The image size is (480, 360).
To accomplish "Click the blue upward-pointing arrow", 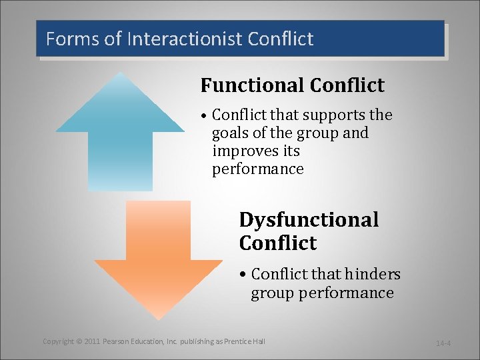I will click(120, 133).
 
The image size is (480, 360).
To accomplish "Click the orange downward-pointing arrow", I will click(158, 260).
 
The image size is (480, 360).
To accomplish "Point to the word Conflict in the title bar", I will click(280, 39).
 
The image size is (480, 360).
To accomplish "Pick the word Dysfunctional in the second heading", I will click(309, 220).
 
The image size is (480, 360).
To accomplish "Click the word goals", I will click(231, 133).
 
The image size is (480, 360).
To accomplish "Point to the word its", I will click(290, 151).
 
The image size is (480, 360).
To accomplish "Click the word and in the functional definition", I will click(355, 133).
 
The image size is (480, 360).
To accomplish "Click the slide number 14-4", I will click(443, 343).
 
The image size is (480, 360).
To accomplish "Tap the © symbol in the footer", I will click(79, 341).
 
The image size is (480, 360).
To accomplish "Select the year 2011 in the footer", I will click(92, 341).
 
